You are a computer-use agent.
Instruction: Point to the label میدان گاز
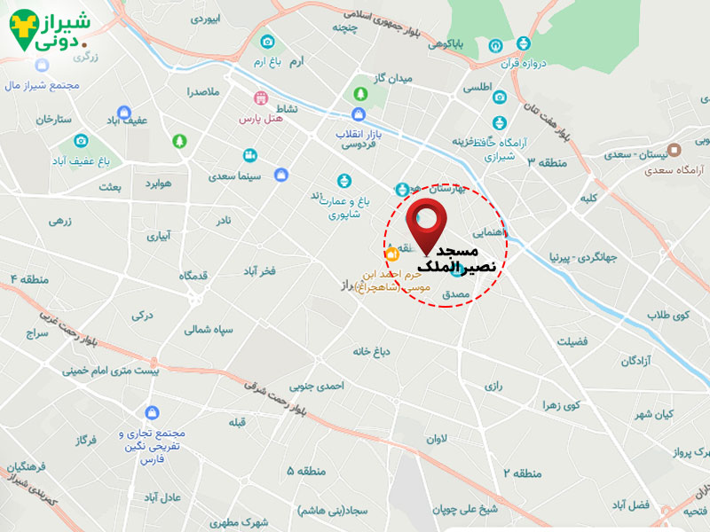click(x=393, y=78)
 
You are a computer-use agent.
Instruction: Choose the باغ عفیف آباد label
click(x=79, y=161)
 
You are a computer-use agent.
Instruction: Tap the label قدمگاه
click(x=193, y=275)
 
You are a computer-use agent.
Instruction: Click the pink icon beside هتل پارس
click(x=261, y=98)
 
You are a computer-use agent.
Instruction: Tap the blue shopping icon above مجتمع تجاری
click(x=152, y=412)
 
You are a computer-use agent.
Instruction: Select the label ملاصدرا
click(x=203, y=91)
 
